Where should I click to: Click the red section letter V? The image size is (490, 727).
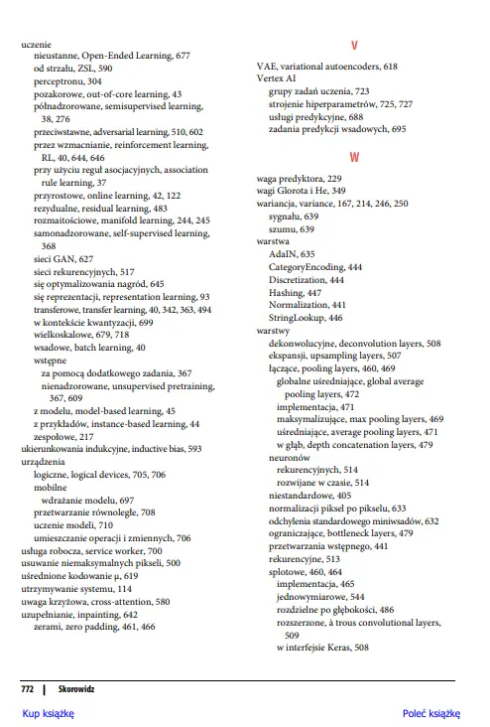[x=355, y=47]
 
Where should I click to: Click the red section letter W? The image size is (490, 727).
[x=355, y=158]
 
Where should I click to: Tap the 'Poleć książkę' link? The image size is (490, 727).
[x=431, y=713]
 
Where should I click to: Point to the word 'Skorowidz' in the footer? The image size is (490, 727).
[x=76, y=686]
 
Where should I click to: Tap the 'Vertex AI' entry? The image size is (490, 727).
[x=277, y=78]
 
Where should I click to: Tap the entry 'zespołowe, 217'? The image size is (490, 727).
[x=63, y=436]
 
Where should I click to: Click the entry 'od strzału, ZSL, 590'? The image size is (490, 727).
[x=72, y=70]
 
